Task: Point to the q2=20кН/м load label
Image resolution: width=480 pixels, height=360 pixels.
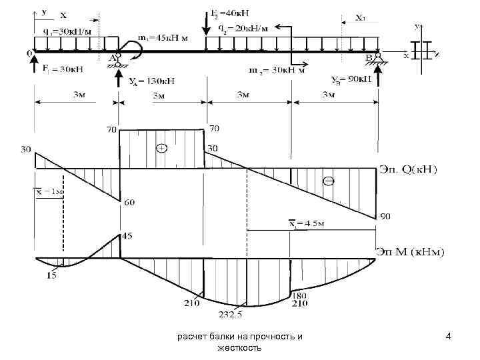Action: coord(245,28)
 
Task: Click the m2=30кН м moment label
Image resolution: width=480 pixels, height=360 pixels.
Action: coord(277,69)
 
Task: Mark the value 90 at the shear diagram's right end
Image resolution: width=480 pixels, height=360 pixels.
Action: coord(385,217)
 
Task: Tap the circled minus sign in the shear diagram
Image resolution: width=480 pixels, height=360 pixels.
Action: coord(328,181)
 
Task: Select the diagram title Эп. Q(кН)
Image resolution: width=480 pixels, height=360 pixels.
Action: coord(409,171)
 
